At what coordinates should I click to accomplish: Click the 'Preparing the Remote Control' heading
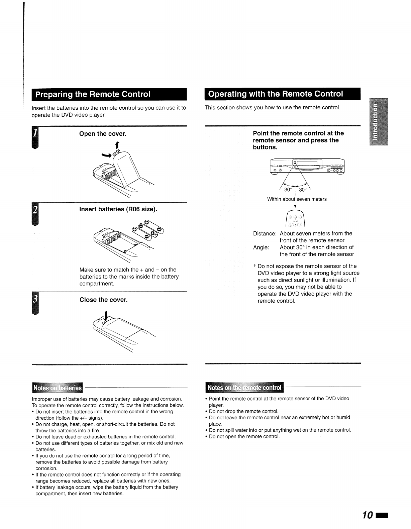pos(93,94)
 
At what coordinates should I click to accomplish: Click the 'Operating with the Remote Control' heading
pos(275,94)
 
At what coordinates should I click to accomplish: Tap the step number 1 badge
pos(35,137)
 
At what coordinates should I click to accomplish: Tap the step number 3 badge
pos(35,303)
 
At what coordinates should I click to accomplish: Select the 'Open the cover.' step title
pos(103,134)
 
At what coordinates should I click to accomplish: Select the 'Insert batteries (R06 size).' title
pos(118,209)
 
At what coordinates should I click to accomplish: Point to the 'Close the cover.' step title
pos(104,300)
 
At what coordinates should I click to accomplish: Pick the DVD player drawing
pos(307,167)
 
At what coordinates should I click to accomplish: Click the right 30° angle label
pos(303,190)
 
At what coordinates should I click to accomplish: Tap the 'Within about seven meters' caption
pos(297,199)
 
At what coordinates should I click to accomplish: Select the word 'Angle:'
pos(261,247)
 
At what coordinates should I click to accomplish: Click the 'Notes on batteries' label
pos(58,388)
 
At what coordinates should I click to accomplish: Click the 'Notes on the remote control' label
pos(244,388)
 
